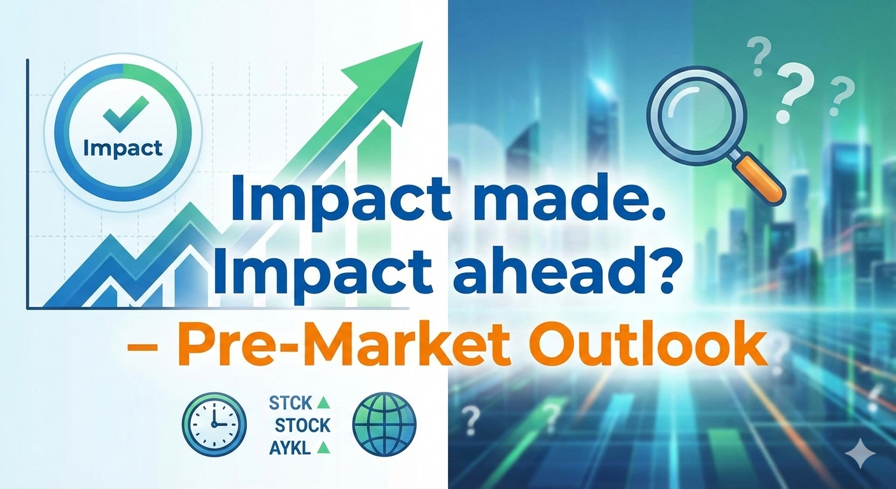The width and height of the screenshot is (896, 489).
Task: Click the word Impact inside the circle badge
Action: tap(123, 148)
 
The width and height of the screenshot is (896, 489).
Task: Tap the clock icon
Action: tap(214, 424)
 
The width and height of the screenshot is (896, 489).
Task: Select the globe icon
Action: tap(384, 424)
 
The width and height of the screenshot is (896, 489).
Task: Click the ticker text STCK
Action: tap(290, 403)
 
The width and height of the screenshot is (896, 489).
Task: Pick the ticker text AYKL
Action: tap(290, 449)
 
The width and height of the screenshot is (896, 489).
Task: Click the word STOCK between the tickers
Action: tap(303, 425)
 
